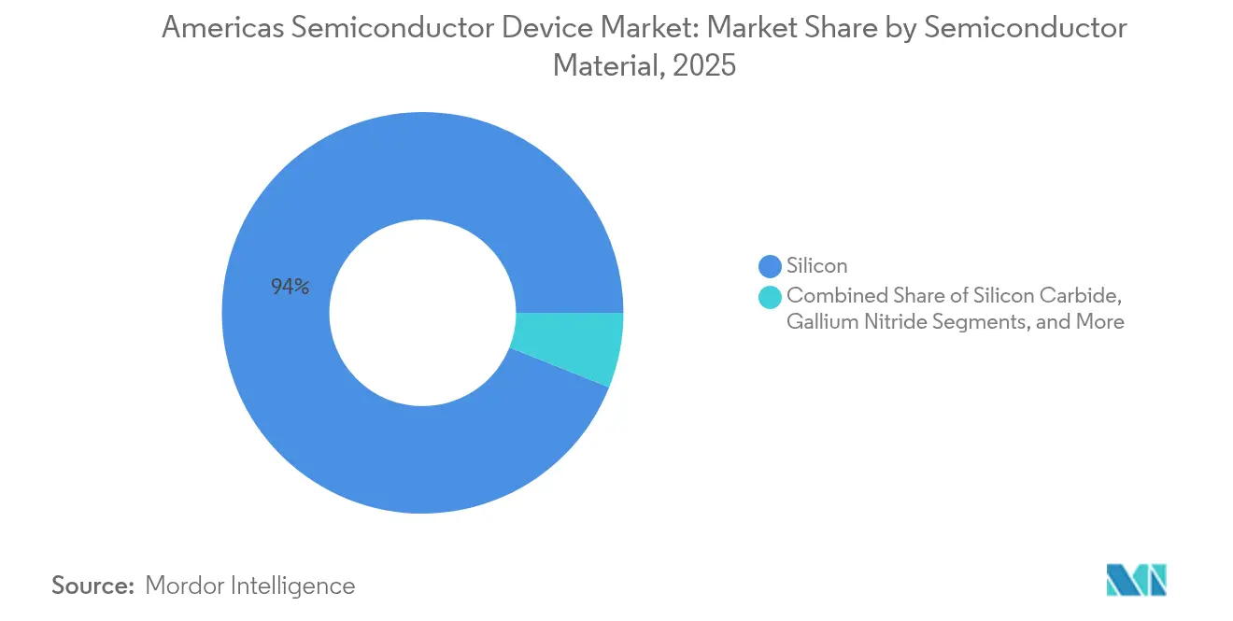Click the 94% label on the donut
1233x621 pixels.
(291, 288)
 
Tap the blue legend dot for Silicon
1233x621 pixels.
(771, 266)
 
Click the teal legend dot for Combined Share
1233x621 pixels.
(771, 298)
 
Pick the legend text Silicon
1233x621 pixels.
(817, 266)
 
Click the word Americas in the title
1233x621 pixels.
(222, 29)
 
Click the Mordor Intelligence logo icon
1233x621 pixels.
(1136, 579)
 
